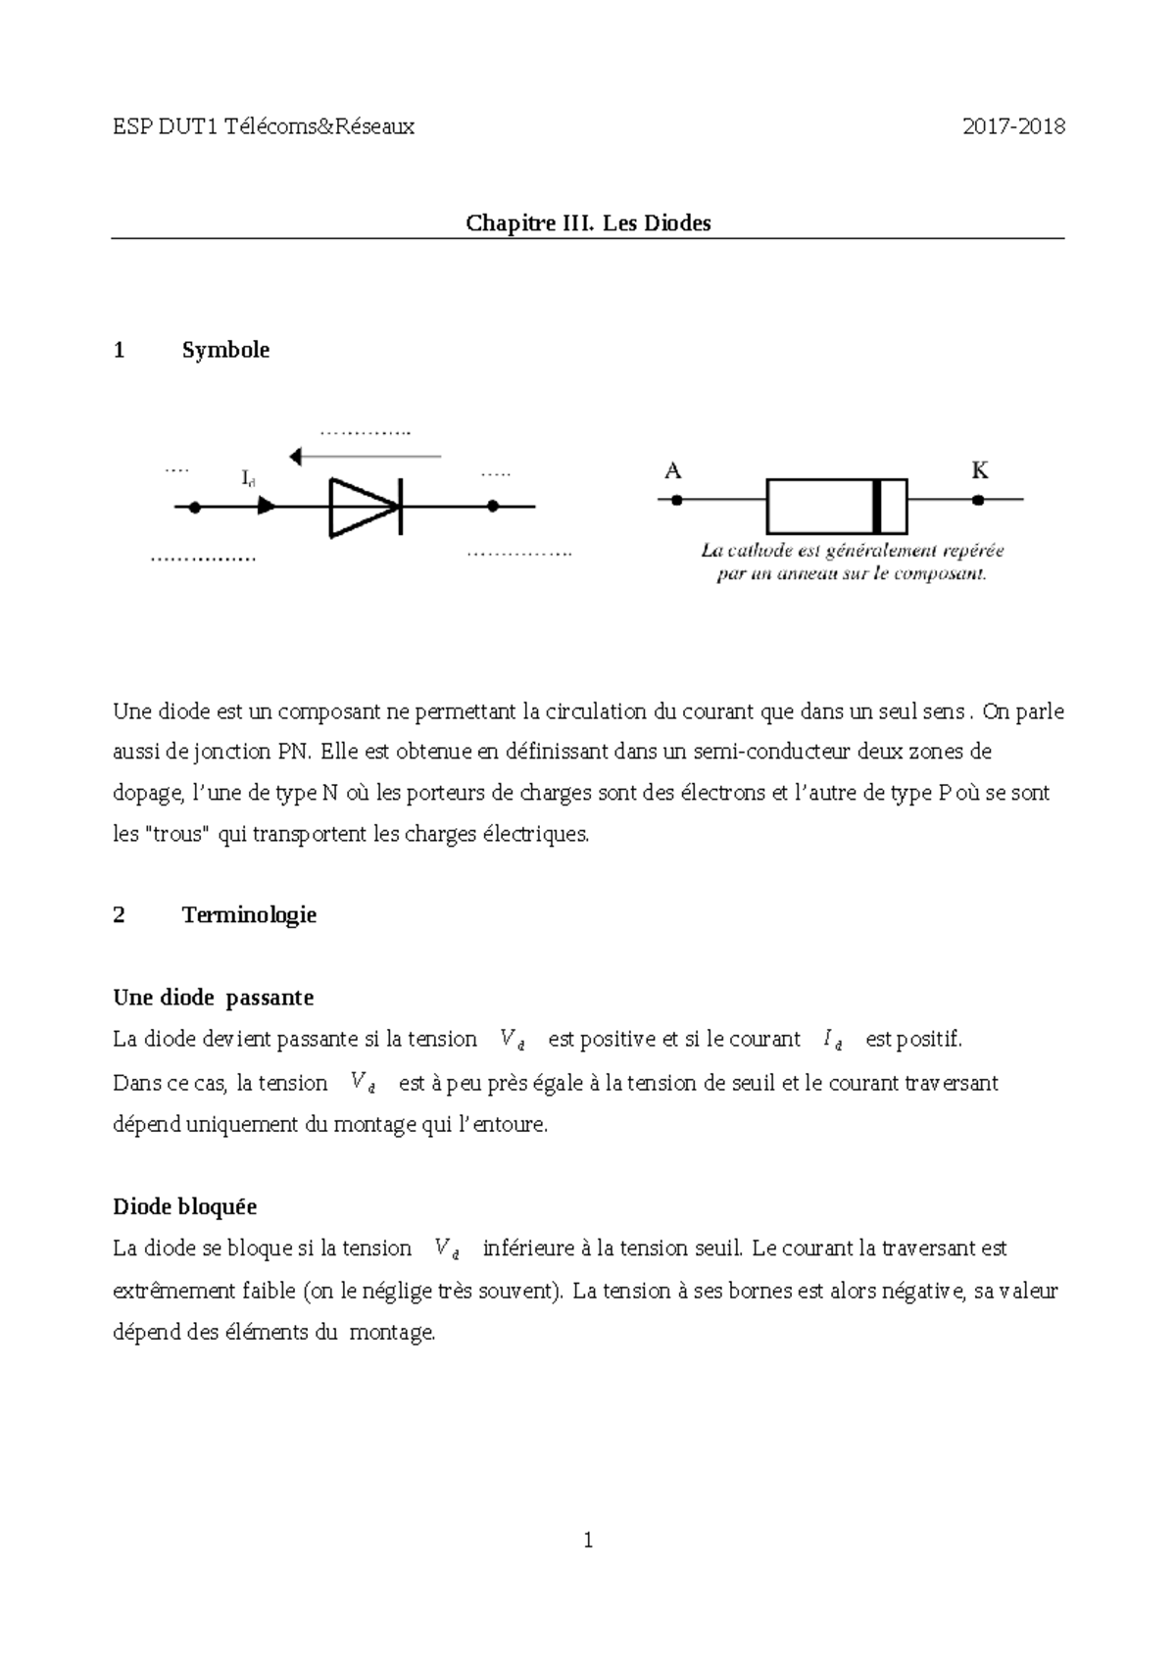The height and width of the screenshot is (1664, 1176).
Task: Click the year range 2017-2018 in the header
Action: pos(1012,126)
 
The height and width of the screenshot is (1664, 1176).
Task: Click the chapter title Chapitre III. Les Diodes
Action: pos(588,223)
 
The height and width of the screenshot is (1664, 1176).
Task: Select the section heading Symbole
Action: pos(225,350)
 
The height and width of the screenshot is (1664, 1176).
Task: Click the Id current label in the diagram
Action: pos(248,478)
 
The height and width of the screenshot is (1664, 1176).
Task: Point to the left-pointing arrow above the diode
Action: pos(365,457)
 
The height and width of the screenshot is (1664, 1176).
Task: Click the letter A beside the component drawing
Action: pos(672,471)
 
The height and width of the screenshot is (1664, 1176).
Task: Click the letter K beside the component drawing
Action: pos(979,471)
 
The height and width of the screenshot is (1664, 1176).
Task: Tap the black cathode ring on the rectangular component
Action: pos(877,506)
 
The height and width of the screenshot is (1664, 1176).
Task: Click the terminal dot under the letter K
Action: pos(978,500)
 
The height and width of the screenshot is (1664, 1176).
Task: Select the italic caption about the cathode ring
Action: pos(852,563)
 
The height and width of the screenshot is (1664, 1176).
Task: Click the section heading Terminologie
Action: pos(249,915)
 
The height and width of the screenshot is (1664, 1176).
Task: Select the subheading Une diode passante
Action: pos(214,998)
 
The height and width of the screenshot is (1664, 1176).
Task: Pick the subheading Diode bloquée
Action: pos(185,1206)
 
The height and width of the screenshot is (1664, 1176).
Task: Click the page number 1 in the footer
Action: pos(588,1542)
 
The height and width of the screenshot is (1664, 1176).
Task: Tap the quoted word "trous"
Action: pos(177,835)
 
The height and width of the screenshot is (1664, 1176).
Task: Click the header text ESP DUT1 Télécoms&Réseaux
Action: pos(264,126)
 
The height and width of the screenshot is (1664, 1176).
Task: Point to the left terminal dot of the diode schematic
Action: pos(195,507)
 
